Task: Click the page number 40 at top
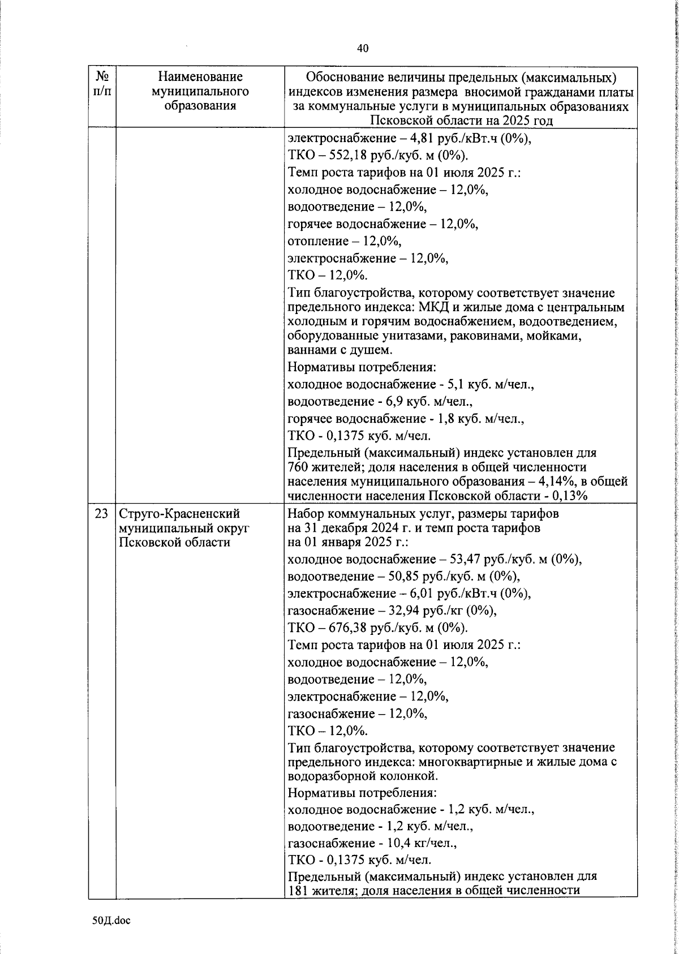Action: pos(363,49)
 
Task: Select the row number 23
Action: pos(101,514)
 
